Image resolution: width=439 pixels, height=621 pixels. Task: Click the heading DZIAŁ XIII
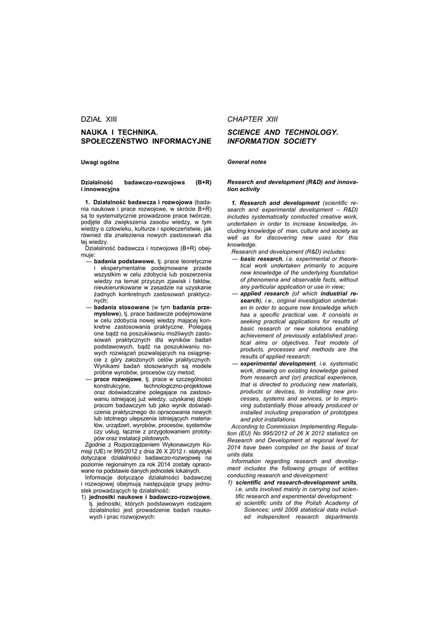[x=98, y=119]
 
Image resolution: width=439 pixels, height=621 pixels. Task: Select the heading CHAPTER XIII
[x=252, y=119]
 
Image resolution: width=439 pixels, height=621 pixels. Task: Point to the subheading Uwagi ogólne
[x=100, y=162]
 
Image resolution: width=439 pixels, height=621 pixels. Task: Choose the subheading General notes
[x=247, y=162]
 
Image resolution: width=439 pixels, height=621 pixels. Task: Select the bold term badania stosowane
[x=121, y=307]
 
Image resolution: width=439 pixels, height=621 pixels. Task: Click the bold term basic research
[x=261, y=258]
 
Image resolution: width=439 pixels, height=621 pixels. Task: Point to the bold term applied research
[x=264, y=294]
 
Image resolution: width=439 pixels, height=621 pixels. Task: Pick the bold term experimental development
[x=278, y=363]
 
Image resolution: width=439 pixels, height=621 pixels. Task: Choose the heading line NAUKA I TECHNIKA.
[x=119, y=132]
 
